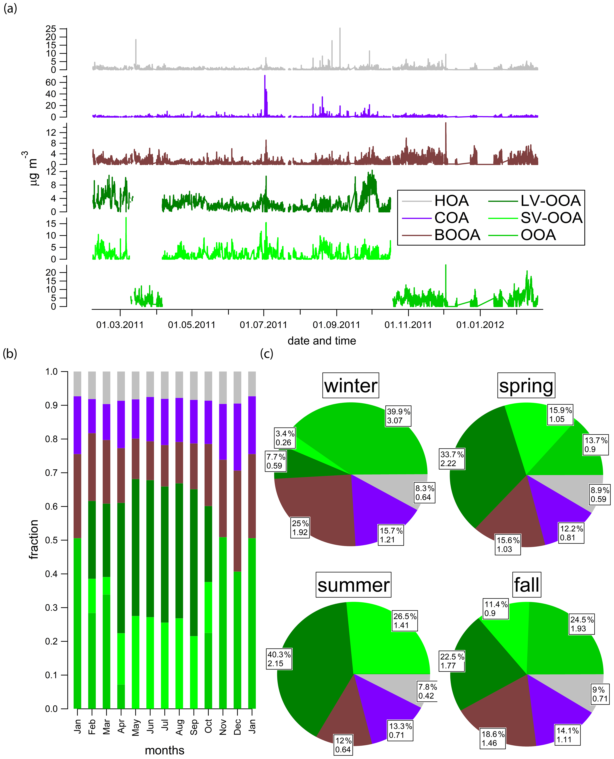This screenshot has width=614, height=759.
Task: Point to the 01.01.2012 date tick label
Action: point(480,325)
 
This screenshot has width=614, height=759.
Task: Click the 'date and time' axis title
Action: point(322,341)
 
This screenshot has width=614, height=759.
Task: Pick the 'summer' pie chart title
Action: point(353,585)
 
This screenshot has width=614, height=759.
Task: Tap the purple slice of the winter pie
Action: point(378,506)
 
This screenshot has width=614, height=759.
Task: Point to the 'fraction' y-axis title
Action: point(34,540)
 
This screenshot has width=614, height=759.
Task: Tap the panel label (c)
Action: point(267,353)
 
